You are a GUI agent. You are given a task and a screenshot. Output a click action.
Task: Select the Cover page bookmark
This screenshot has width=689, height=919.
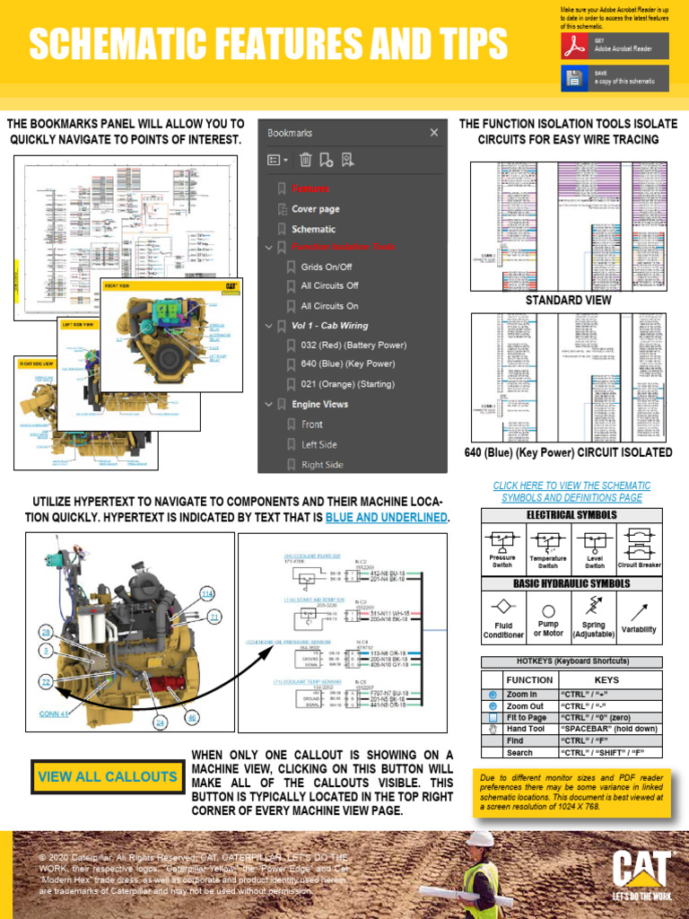tap(315, 209)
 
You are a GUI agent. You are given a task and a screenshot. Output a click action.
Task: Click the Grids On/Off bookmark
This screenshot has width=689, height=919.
tap(326, 267)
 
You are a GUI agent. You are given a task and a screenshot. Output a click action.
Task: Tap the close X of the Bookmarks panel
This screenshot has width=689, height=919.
tap(434, 133)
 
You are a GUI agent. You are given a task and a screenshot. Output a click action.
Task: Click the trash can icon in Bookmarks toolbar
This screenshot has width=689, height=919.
tap(305, 160)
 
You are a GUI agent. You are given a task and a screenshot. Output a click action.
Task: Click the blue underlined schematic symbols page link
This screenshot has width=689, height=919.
tap(571, 491)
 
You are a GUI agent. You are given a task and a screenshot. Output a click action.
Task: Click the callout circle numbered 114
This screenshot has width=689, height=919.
tap(207, 594)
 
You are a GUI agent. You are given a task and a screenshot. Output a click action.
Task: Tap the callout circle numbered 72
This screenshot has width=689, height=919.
tap(45, 684)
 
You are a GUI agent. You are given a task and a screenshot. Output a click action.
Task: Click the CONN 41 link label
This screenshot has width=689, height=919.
tap(54, 714)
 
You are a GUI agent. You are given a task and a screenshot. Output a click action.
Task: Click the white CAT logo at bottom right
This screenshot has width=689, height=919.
tap(641, 870)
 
